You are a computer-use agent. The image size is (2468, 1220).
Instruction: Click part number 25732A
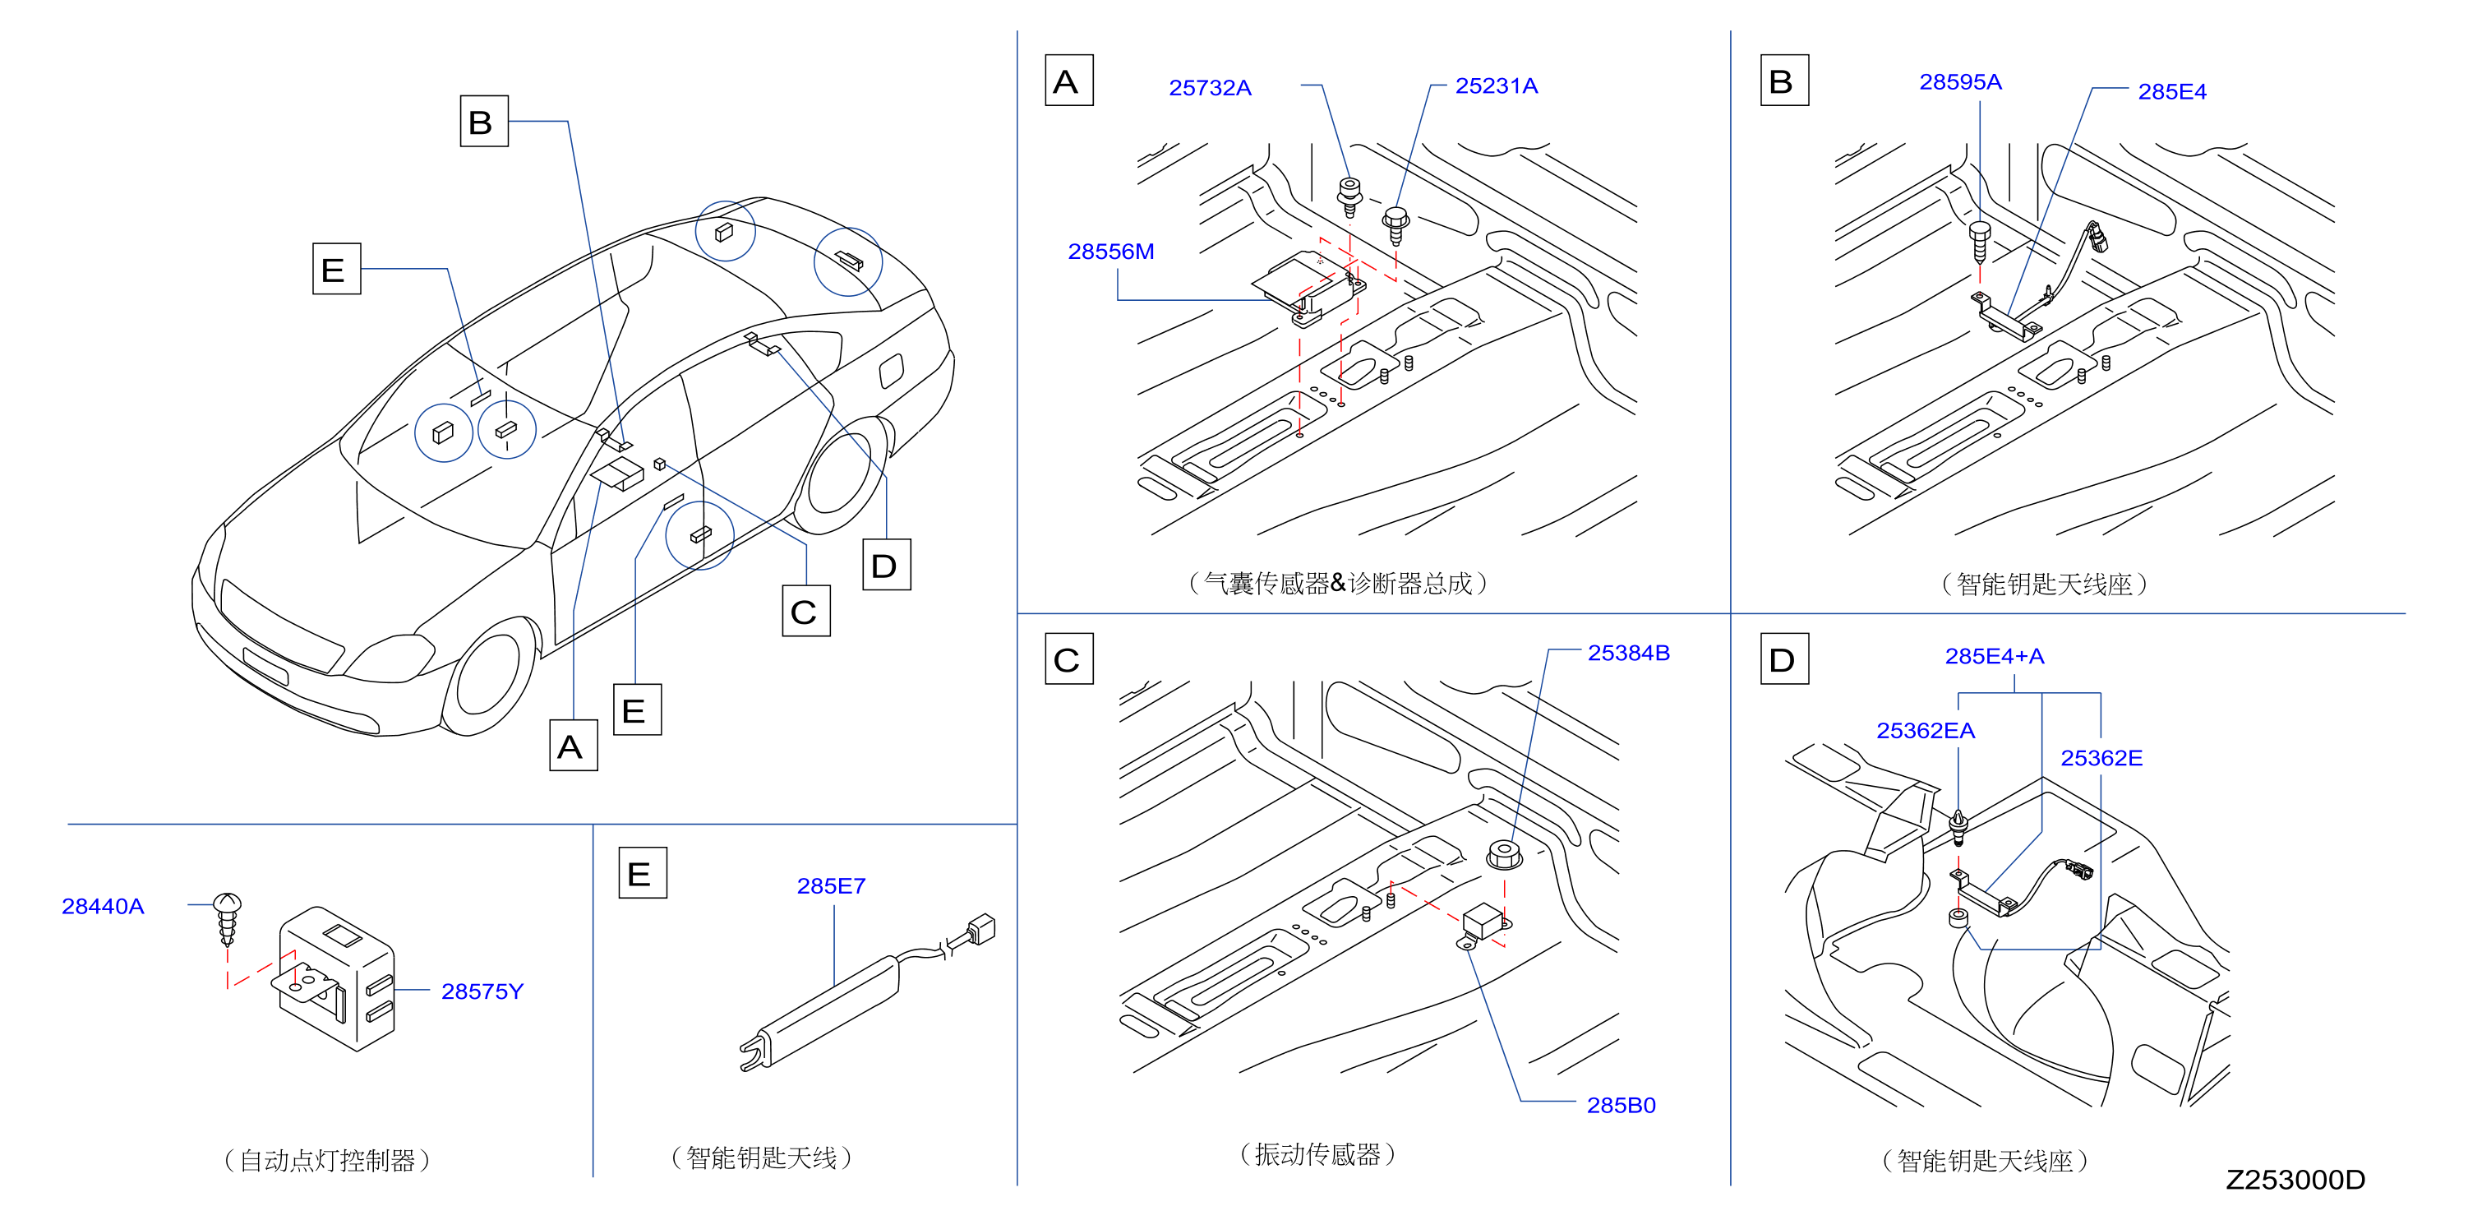(1209, 88)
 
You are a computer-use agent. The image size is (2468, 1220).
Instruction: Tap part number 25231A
(1496, 86)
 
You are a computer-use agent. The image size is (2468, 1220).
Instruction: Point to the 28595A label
(1959, 82)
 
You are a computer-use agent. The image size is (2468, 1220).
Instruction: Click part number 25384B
(1628, 654)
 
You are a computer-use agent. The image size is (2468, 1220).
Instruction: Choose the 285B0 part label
(1620, 1106)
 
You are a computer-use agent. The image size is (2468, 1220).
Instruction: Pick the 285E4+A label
(1994, 657)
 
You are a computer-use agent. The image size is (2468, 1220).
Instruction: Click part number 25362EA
(1925, 731)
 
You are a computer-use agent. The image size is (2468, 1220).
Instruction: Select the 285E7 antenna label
(831, 886)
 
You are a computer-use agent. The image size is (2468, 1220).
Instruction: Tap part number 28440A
(103, 907)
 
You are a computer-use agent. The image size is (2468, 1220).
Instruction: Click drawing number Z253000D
(2295, 1180)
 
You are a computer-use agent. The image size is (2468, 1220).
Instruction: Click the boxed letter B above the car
(484, 121)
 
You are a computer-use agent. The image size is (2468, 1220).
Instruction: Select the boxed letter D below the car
(886, 566)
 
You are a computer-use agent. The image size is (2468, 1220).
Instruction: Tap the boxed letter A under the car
(573, 746)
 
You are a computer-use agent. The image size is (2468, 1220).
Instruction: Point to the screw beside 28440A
(227, 918)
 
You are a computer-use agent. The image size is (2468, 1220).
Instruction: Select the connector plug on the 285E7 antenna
(981, 929)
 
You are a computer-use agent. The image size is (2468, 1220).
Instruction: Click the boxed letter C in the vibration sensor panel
(1068, 659)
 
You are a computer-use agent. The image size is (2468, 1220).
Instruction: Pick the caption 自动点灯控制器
(327, 1161)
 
